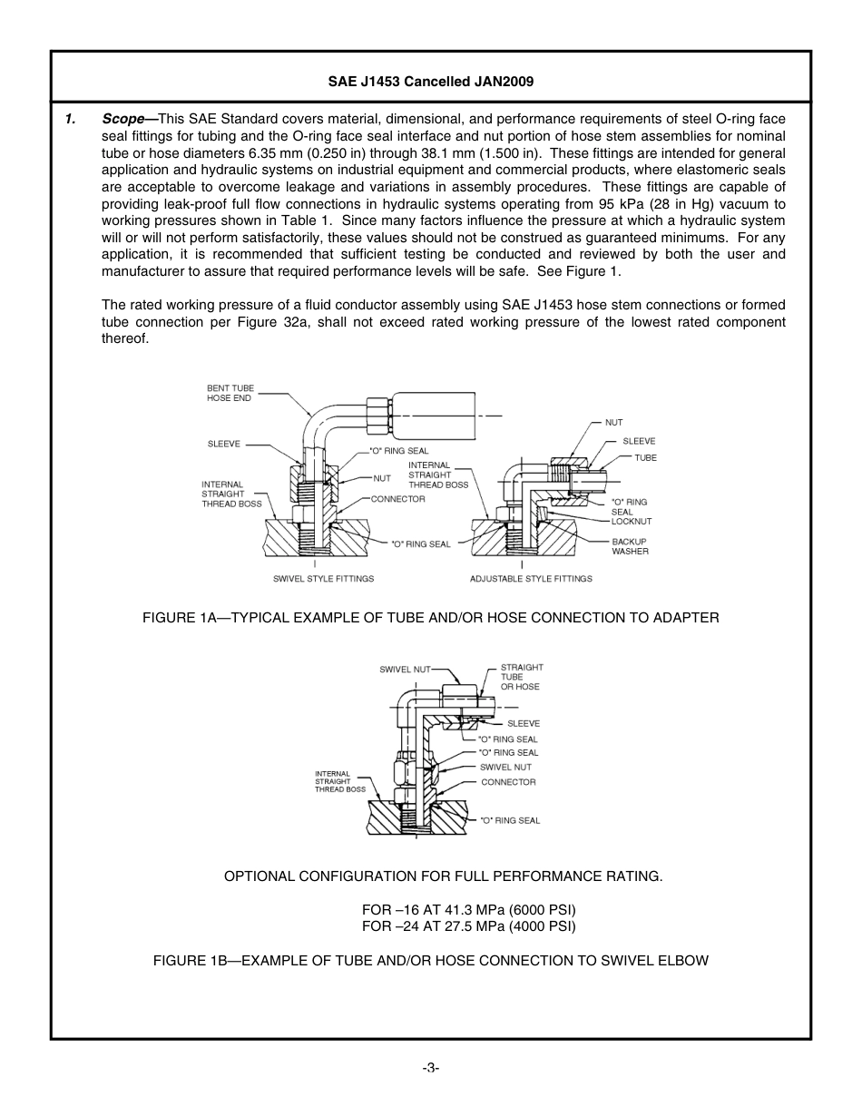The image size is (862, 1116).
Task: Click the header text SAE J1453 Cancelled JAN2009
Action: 430,81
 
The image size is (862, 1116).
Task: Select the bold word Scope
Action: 123,119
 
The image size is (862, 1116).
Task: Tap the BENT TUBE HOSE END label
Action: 230,393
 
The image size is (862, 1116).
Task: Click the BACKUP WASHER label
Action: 630,546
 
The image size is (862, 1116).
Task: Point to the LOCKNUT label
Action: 631,522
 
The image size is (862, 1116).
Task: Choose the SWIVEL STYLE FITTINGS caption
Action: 323,578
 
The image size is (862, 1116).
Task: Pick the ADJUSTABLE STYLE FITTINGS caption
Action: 531,578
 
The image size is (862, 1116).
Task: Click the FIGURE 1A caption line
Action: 430,617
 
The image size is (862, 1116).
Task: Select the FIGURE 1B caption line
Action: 430,960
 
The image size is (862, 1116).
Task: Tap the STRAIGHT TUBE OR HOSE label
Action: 521,677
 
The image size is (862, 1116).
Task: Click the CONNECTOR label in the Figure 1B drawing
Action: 508,781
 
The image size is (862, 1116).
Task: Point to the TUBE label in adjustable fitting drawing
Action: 645,458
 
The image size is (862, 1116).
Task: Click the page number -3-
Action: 430,1067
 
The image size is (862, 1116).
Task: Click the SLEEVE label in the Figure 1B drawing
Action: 523,723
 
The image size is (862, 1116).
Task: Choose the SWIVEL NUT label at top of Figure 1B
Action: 405,670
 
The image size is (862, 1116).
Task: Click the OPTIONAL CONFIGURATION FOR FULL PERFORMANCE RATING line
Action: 443,876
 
